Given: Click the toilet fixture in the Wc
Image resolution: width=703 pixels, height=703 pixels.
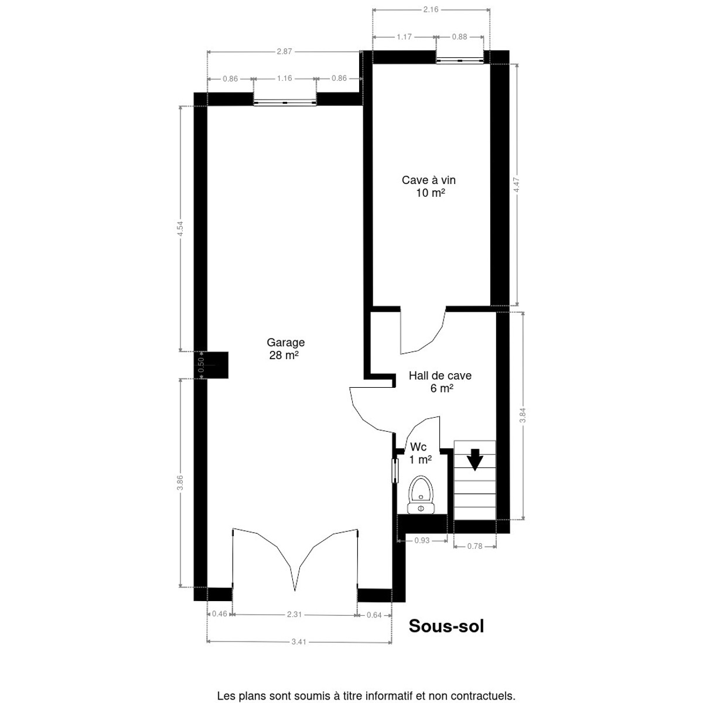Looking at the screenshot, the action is pos(421,494).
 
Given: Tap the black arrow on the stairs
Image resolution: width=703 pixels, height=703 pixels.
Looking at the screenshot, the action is pos(475,460).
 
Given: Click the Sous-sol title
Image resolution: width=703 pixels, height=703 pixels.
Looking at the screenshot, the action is pos(446,626).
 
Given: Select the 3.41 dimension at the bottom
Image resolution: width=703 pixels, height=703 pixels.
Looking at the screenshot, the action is pos(299,652).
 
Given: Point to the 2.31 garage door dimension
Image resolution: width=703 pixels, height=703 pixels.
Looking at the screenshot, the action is pos(295,615).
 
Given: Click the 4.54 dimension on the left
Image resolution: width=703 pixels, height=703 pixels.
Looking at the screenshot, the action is pos(180,228).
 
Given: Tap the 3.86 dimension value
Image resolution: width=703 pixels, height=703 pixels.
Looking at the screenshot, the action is pos(180,483).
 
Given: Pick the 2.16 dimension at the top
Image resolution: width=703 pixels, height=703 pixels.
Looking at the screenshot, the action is pos(431,10).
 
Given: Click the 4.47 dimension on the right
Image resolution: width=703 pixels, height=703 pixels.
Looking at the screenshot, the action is pos(517,185).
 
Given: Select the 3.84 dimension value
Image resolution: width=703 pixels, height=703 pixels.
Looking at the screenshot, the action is pos(523,415).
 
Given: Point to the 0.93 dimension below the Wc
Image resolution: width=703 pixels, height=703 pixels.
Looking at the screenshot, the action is pos(422,541).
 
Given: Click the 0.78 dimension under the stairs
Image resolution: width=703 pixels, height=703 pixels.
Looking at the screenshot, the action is pos(475,546).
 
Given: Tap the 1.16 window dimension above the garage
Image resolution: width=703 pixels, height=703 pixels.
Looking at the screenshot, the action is pos(285,79).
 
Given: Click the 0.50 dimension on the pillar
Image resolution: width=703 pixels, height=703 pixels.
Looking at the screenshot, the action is pos(201,365).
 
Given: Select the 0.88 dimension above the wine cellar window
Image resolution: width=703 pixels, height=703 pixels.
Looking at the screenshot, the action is pos(460,37).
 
